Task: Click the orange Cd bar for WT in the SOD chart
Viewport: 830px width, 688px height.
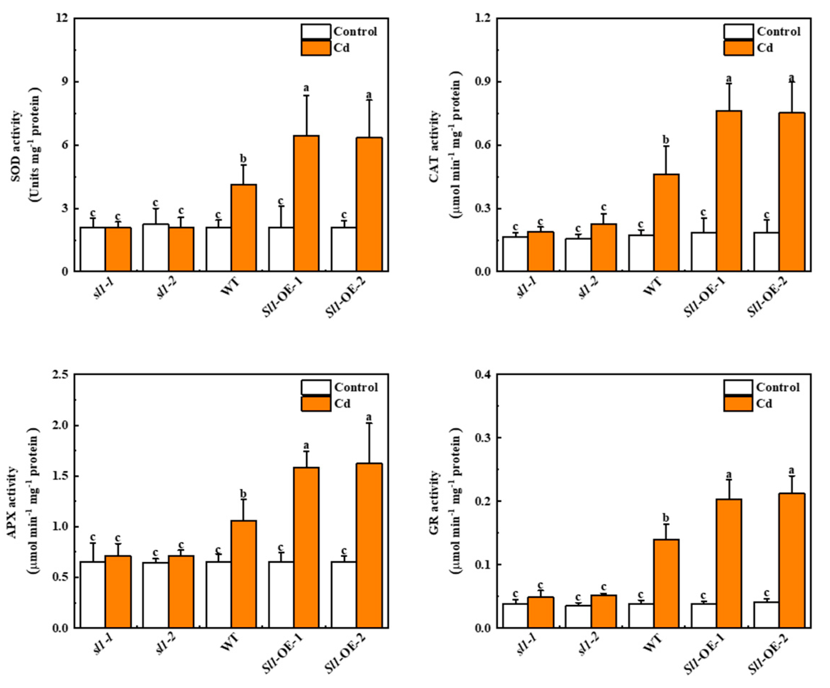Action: click(x=243, y=228)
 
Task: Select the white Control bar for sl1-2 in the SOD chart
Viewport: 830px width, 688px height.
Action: click(x=155, y=247)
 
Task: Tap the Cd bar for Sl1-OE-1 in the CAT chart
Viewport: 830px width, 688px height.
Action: click(x=729, y=191)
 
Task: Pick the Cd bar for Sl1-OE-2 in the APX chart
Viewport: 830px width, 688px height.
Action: click(x=369, y=545)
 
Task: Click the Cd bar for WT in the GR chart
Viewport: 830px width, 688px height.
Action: click(x=666, y=583)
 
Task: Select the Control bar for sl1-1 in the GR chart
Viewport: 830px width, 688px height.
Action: click(x=515, y=615)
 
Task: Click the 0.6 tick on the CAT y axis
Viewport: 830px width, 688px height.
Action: click(x=482, y=145)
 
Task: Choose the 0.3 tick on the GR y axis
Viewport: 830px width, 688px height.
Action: click(x=482, y=438)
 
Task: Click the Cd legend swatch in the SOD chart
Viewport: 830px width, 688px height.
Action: click(x=315, y=48)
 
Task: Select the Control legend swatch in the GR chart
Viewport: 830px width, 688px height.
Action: click(x=738, y=387)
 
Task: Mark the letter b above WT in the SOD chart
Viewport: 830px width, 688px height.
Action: click(x=243, y=159)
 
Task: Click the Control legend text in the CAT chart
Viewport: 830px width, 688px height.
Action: click(x=778, y=31)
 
